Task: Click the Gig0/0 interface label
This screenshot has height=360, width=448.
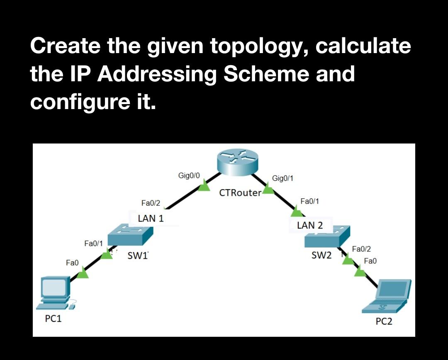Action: [x=189, y=175]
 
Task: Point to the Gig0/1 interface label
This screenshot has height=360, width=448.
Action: [x=282, y=178]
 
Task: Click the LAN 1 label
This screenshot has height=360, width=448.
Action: [x=151, y=219]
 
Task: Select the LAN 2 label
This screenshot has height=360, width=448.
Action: [x=310, y=226]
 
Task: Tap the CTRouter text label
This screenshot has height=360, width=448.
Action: [x=240, y=193]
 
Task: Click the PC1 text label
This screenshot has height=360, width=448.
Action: [x=53, y=319]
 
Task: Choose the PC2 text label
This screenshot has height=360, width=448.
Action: [x=384, y=321]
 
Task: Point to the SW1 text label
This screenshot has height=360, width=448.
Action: [x=137, y=256]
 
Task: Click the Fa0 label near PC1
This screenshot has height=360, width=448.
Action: [x=72, y=263]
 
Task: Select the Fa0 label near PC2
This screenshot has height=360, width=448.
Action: [x=370, y=261]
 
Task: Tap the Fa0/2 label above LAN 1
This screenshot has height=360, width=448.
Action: [x=151, y=203]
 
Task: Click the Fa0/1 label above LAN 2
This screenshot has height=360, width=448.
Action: [x=309, y=201]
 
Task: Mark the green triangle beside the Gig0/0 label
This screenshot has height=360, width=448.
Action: [x=204, y=187]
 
